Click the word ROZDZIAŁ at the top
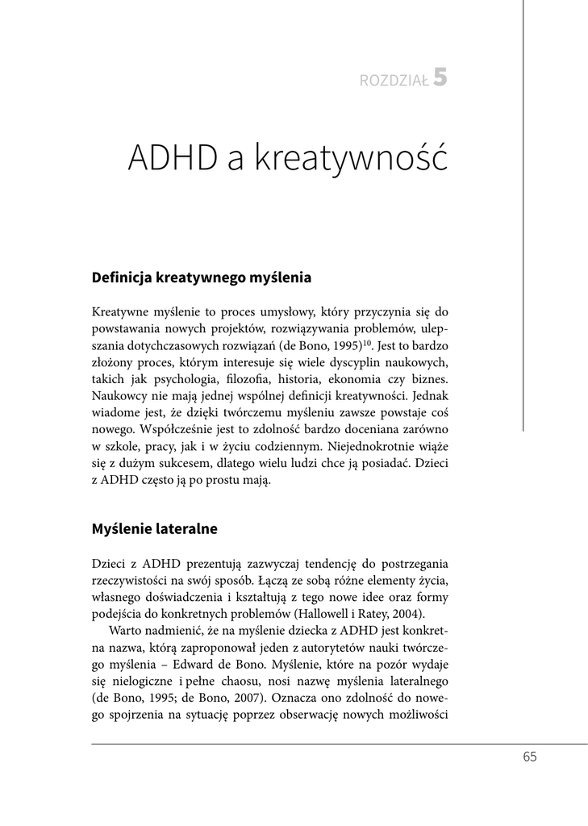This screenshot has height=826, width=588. [394, 80]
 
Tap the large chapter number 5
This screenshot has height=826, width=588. [440, 77]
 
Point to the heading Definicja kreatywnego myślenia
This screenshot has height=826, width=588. [202, 277]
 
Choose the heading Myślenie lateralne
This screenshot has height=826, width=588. [155, 529]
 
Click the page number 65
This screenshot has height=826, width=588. [529, 756]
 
